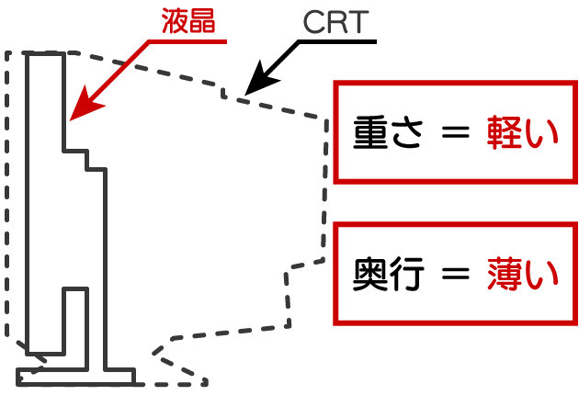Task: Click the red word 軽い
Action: (x=521, y=135)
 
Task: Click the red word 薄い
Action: (x=521, y=275)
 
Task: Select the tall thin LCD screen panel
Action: (x=45, y=202)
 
